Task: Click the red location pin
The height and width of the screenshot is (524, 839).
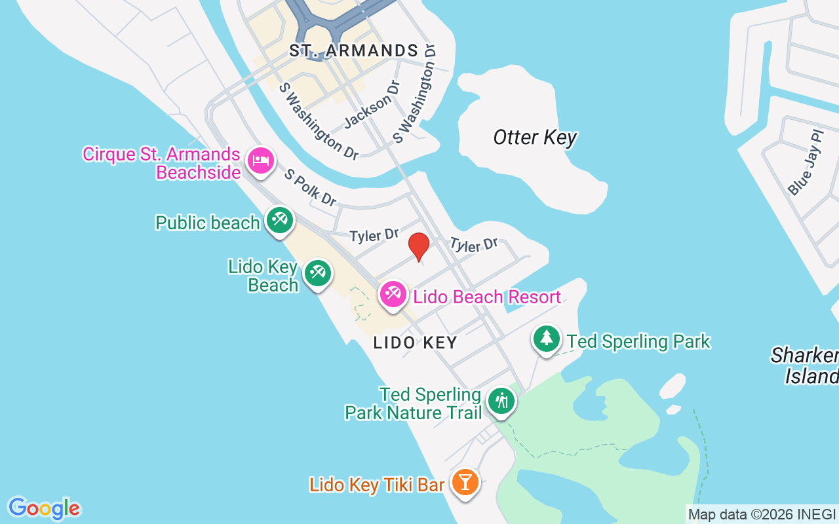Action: tap(418, 246)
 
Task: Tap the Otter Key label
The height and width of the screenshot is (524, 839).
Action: tap(535, 138)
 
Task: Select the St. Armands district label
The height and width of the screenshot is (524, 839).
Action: tap(354, 50)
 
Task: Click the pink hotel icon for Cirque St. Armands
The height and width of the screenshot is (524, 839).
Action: tap(261, 160)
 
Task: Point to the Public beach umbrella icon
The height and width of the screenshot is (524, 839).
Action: tap(280, 219)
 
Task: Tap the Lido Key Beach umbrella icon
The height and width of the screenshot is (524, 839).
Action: tap(318, 272)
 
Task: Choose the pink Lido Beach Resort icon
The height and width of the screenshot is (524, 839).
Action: tap(393, 293)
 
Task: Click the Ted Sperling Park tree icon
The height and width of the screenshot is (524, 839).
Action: tap(546, 339)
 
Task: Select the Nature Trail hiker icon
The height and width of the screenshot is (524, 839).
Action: tap(501, 400)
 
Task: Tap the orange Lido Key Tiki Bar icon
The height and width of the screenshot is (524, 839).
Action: tap(465, 482)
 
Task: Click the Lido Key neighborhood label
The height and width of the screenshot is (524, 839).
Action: tap(415, 343)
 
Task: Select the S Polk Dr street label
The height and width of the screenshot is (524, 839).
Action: tap(310, 187)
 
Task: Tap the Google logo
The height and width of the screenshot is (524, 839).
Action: tap(44, 508)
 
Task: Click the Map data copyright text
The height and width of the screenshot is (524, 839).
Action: tap(761, 515)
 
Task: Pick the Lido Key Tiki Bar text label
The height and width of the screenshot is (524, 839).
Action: tap(377, 485)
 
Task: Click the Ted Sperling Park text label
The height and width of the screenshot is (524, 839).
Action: tap(638, 341)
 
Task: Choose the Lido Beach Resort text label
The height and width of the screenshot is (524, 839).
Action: tap(486, 297)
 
